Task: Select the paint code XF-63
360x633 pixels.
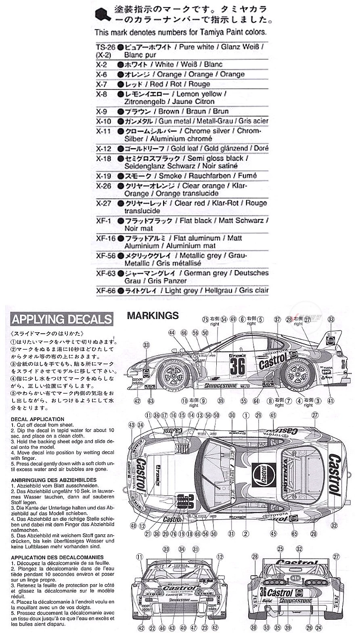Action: (106, 273)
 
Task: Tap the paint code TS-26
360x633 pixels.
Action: (106, 47)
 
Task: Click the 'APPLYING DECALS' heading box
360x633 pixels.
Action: (61, 319)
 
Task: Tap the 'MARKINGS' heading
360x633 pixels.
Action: (153, 315)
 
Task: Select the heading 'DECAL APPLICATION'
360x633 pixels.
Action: (38, 419)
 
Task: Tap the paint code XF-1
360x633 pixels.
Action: (103, 221)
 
